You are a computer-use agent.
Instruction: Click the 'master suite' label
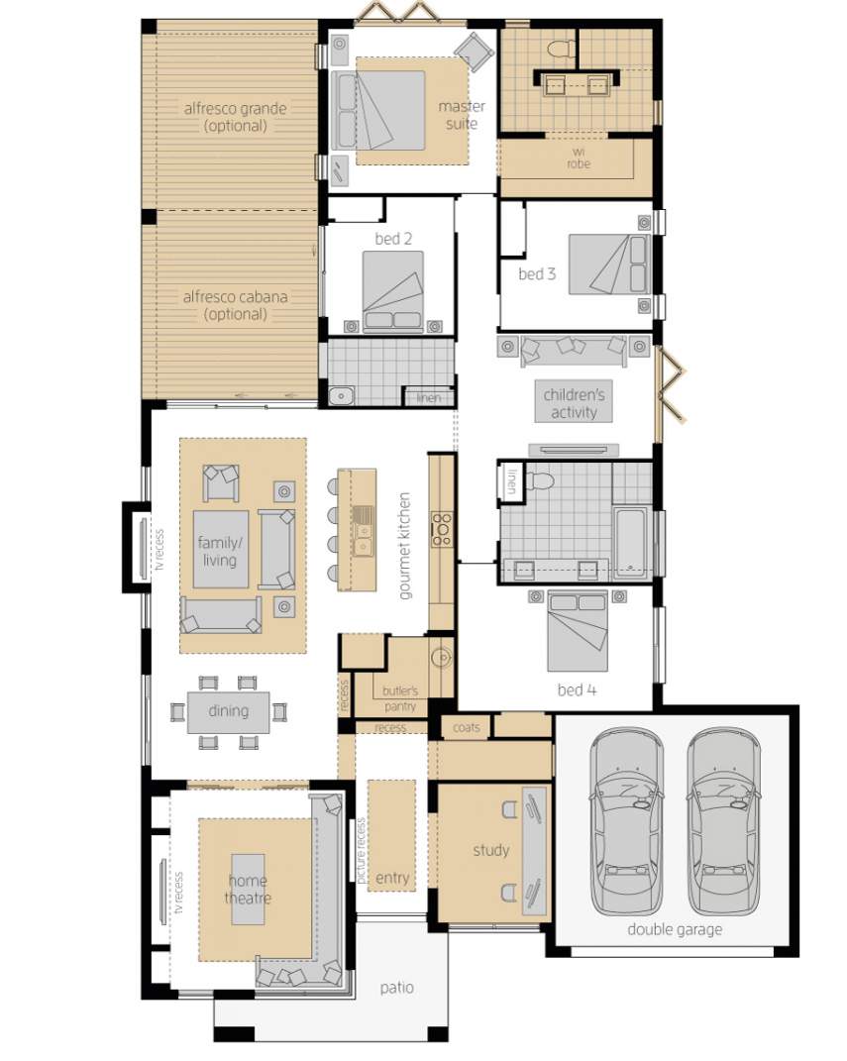point(461,115)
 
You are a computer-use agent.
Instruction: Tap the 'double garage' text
point(674,929)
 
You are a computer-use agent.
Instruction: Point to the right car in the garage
point(722,822)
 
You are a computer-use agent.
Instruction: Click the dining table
point(228,711)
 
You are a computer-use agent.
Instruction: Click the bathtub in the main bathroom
point(631,543)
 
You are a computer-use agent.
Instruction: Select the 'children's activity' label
point(574,403)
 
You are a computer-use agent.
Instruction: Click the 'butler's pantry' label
point(400,698)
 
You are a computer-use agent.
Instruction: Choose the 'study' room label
point(490,850)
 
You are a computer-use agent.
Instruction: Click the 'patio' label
point(396,988)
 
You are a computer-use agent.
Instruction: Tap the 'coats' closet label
point(466,727)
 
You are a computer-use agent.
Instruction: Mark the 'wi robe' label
point(578,159)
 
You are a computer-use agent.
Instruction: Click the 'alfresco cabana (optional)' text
point(235,305)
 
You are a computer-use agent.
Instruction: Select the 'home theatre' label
point(248,890)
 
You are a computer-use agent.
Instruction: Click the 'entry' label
point(392,878)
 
